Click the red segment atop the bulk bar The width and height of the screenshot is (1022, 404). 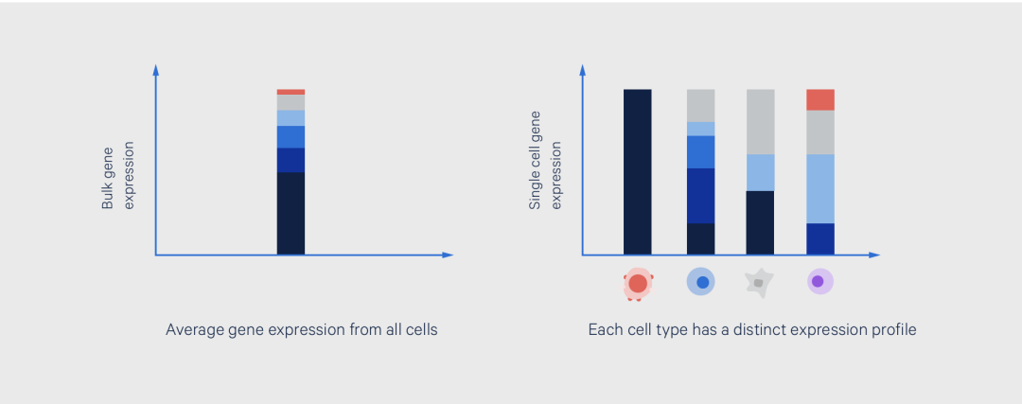point(291,92)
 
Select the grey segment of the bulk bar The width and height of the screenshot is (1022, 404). point(291,103)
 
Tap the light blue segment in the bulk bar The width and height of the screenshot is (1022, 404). point(291,118)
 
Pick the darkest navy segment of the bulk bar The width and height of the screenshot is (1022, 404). point(291,214)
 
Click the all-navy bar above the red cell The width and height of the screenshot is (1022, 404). point(638,172)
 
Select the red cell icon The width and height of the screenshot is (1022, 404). point(638,284)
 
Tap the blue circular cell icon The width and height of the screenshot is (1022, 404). point(700,282)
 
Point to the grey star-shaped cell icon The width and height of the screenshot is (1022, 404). point(759,284)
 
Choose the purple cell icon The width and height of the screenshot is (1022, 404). point(819,282)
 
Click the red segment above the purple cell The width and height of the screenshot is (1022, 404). point(819,99)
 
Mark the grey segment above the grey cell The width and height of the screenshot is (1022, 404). point(760,122)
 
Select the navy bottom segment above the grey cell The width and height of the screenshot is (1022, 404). point(760,223)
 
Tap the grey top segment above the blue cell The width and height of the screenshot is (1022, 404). point(700,106)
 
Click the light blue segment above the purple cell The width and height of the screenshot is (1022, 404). point(819,189)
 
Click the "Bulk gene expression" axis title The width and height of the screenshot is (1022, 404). point(117,176)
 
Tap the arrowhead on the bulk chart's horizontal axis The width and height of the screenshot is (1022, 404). point(447,255)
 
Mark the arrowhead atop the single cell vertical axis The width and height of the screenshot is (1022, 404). point(582,70)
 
